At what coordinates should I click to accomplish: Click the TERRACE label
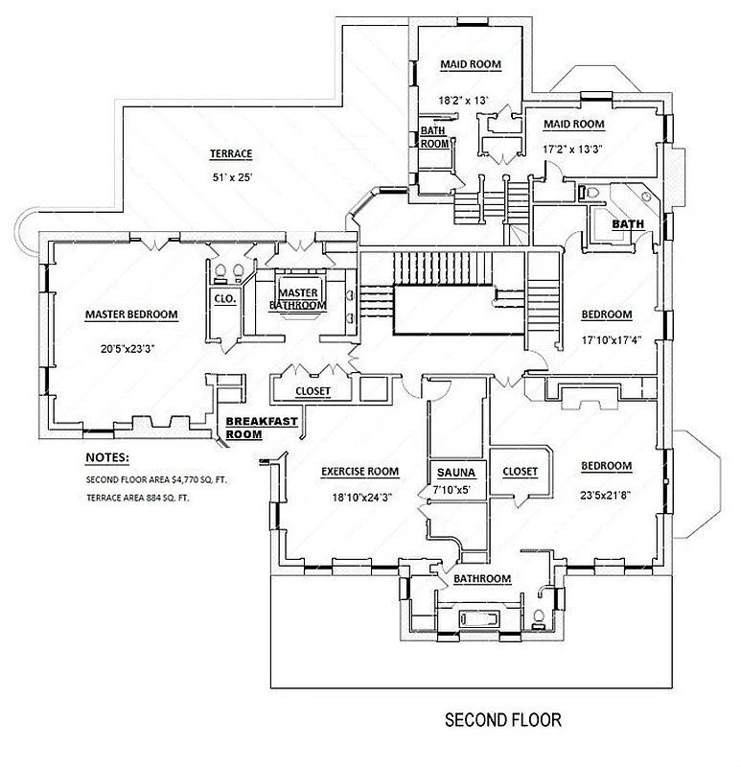tap(230, 153)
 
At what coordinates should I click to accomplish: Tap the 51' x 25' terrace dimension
tap(230, 176)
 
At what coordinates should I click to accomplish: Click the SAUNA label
tap(456, 473)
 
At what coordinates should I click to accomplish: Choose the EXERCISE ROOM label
tap(359, 471)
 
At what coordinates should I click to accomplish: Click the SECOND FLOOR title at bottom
tap(502, 718)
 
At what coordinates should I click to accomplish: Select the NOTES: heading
tap(106, 458)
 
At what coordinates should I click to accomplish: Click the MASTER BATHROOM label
tap(297, 299)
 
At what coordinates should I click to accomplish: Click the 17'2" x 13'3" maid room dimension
tap(574, 149)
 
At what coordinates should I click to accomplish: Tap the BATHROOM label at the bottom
tap(481, 578)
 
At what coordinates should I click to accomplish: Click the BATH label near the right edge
tap(628, 224)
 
